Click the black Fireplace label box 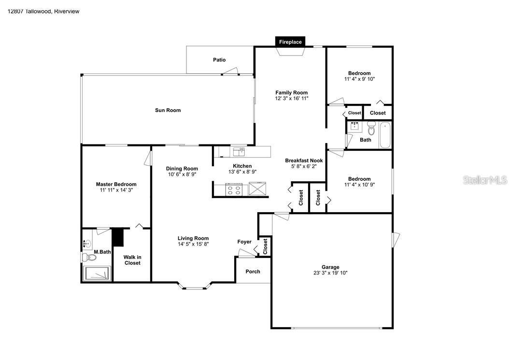(290, 42)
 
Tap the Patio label (219, 60)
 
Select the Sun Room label (168, 110)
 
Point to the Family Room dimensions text (291, 99)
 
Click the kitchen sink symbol (239, 152)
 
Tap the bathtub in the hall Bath (385, 135)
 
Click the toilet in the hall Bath (371, 129)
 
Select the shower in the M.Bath (98, 273)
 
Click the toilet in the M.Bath (89, 258)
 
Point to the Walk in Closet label (132, 260)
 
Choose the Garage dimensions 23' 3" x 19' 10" (330, 273)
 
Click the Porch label (253, 272)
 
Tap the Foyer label (244, 242)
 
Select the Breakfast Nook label (303, 160)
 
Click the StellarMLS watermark (485, 180)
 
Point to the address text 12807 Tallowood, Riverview (43, 11)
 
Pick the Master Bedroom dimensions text (116, 190)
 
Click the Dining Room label (182, 169)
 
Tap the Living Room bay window (195, 288)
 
